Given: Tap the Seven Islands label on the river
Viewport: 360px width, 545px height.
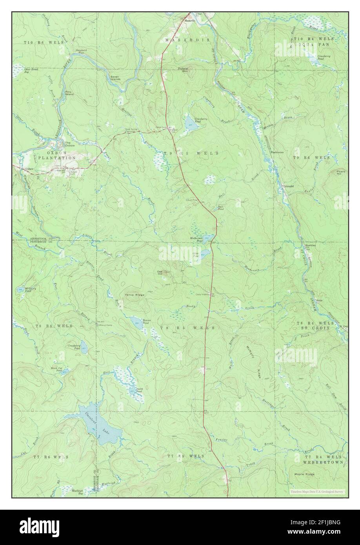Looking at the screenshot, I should tap(115, 78).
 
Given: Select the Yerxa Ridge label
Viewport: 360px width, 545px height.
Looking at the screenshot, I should tap(135, 294).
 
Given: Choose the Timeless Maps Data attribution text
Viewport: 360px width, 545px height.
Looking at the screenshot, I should tap(317, 491).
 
